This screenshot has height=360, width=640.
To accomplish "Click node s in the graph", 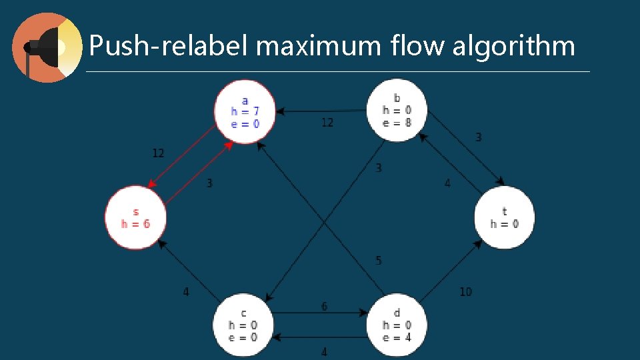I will click(135, 217).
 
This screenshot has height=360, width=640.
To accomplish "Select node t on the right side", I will click(504, 217).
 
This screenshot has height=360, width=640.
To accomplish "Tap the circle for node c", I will click(243, 325).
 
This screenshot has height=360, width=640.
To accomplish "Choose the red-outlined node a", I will click(245, 111).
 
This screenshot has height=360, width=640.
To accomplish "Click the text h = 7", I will click(245, 111).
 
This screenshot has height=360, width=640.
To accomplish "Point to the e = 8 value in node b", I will click(397, 123).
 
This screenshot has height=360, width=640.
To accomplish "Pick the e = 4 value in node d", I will click(397, 337).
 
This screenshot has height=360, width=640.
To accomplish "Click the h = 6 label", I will click(135, 224).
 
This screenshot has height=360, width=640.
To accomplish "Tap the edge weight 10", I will click(465, 291).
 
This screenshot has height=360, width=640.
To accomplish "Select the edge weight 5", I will click(379, 261).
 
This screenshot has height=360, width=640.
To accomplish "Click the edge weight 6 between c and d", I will click(325, 307).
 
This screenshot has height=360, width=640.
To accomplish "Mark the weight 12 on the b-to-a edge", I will click(327, 123).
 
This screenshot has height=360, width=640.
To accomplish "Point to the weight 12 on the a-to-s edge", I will click(158, 153).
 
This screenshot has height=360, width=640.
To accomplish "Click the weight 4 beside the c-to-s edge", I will click(186, 291).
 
